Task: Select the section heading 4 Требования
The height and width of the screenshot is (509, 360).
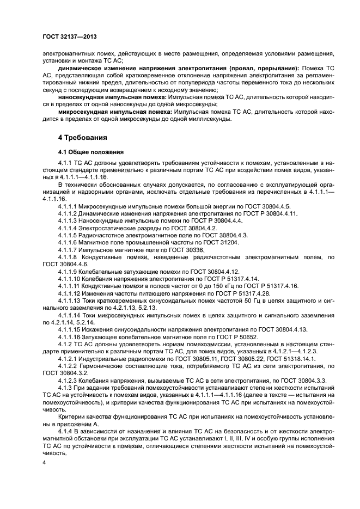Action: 82,137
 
